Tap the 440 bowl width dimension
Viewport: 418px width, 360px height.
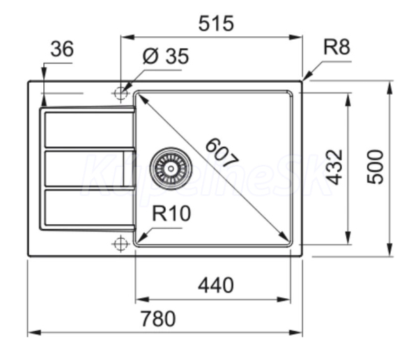(215, 285)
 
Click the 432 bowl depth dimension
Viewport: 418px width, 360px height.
(334, 166)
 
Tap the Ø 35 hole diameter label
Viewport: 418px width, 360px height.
(166, 57)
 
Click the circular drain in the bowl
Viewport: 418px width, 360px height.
(169, 166)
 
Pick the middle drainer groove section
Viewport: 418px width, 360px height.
(85, 168)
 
